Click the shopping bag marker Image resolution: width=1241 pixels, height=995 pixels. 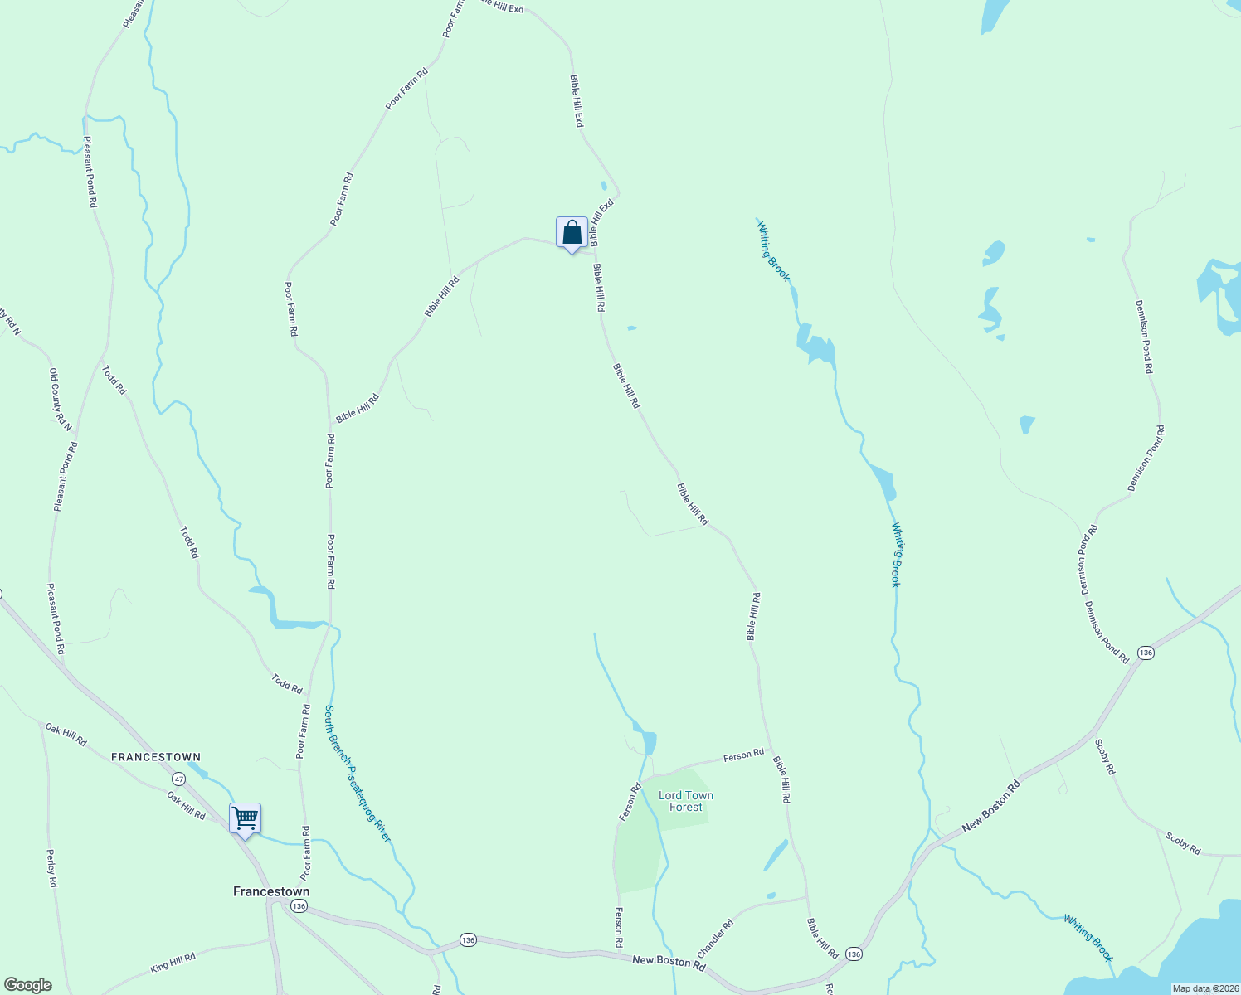[x=572, y=233]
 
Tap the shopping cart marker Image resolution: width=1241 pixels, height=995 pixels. [x=245, y=819]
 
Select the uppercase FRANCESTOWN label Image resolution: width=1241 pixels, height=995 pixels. [x=156, y=757]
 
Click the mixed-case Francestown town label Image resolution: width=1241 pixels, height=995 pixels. [x=271, y=892]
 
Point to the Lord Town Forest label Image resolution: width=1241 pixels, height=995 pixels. [x=686, y=801]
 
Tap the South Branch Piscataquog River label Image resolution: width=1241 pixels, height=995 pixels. [x=357, y=774]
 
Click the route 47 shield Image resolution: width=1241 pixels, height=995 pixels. [x=179, y=779]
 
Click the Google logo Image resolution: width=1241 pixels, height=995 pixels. [x=27, y=985]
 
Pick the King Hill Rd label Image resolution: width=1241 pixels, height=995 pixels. [x=173, y=963]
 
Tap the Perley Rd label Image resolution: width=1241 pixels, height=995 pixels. [x=51, y=868]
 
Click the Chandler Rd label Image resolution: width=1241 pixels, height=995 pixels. [x=715, y=938]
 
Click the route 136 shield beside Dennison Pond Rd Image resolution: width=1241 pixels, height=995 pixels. [x=1146, y=653]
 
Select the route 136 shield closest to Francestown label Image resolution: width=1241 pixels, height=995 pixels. [x=299, y=906]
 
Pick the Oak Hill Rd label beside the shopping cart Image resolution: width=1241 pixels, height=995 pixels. [x=186, y=805]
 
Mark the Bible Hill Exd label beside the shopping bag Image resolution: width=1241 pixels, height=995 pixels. [x=601, y=222]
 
